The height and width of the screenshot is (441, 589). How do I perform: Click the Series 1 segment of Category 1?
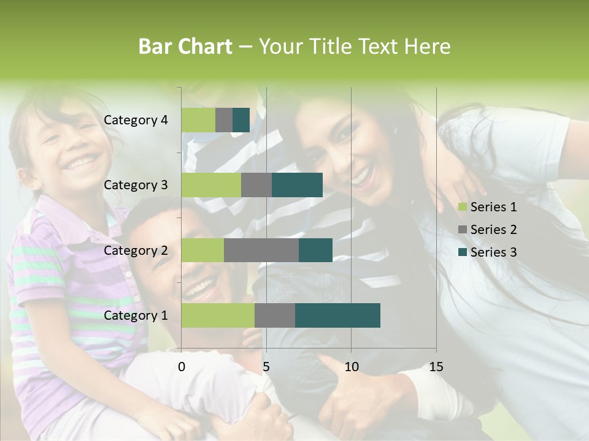(x=218, y=315)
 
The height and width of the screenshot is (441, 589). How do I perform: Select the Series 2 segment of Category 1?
(x=275, y=315)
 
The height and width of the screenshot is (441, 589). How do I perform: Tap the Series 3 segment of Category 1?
(x=337, y=315)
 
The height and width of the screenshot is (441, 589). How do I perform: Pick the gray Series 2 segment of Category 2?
(x=261, y=251)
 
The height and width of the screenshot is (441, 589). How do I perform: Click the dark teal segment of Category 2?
(x=315, y=251)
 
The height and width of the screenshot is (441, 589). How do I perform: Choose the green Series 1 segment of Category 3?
(x=211, y=185)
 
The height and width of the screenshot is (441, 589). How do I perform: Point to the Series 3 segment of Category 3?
(x=297, y=185)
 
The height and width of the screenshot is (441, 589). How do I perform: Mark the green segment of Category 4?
(x=198, y=120)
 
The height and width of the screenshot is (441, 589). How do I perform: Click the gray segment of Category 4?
(x=224, y=120)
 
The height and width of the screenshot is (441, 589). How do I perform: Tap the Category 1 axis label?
(x=136, y=315)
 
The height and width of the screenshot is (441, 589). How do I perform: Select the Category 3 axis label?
(x=136, y=185)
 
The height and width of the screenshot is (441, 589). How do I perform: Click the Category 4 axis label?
(x=136, y=120)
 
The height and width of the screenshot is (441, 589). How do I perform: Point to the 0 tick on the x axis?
(x=182, y=367)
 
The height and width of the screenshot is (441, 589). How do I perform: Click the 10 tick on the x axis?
(x=351, y=367)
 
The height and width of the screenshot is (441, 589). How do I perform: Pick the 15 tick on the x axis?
(x=436, y=367)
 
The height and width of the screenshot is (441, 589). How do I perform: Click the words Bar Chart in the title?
(x=185, y=47)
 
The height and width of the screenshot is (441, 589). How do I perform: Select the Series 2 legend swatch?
(x=462, y=230)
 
